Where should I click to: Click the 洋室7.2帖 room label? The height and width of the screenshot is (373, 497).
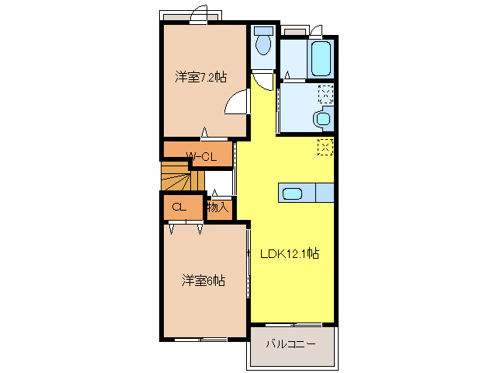200,77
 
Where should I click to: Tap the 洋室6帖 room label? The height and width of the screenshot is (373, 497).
204,280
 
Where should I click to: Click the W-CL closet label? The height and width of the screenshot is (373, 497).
200,157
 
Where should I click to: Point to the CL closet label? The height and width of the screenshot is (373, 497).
178,207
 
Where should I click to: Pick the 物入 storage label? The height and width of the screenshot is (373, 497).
218,207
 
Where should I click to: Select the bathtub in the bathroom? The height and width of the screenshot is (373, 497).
321,58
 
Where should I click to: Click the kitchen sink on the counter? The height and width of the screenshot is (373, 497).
294,193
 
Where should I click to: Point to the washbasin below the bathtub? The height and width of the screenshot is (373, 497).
321,119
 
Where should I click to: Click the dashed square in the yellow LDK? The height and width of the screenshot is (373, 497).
324,146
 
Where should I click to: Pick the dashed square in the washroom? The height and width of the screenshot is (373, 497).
326,95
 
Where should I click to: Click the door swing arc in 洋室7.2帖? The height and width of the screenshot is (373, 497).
235,103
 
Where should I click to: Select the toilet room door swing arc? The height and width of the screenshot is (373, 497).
263,82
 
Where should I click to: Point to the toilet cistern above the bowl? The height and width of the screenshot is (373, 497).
263,33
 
